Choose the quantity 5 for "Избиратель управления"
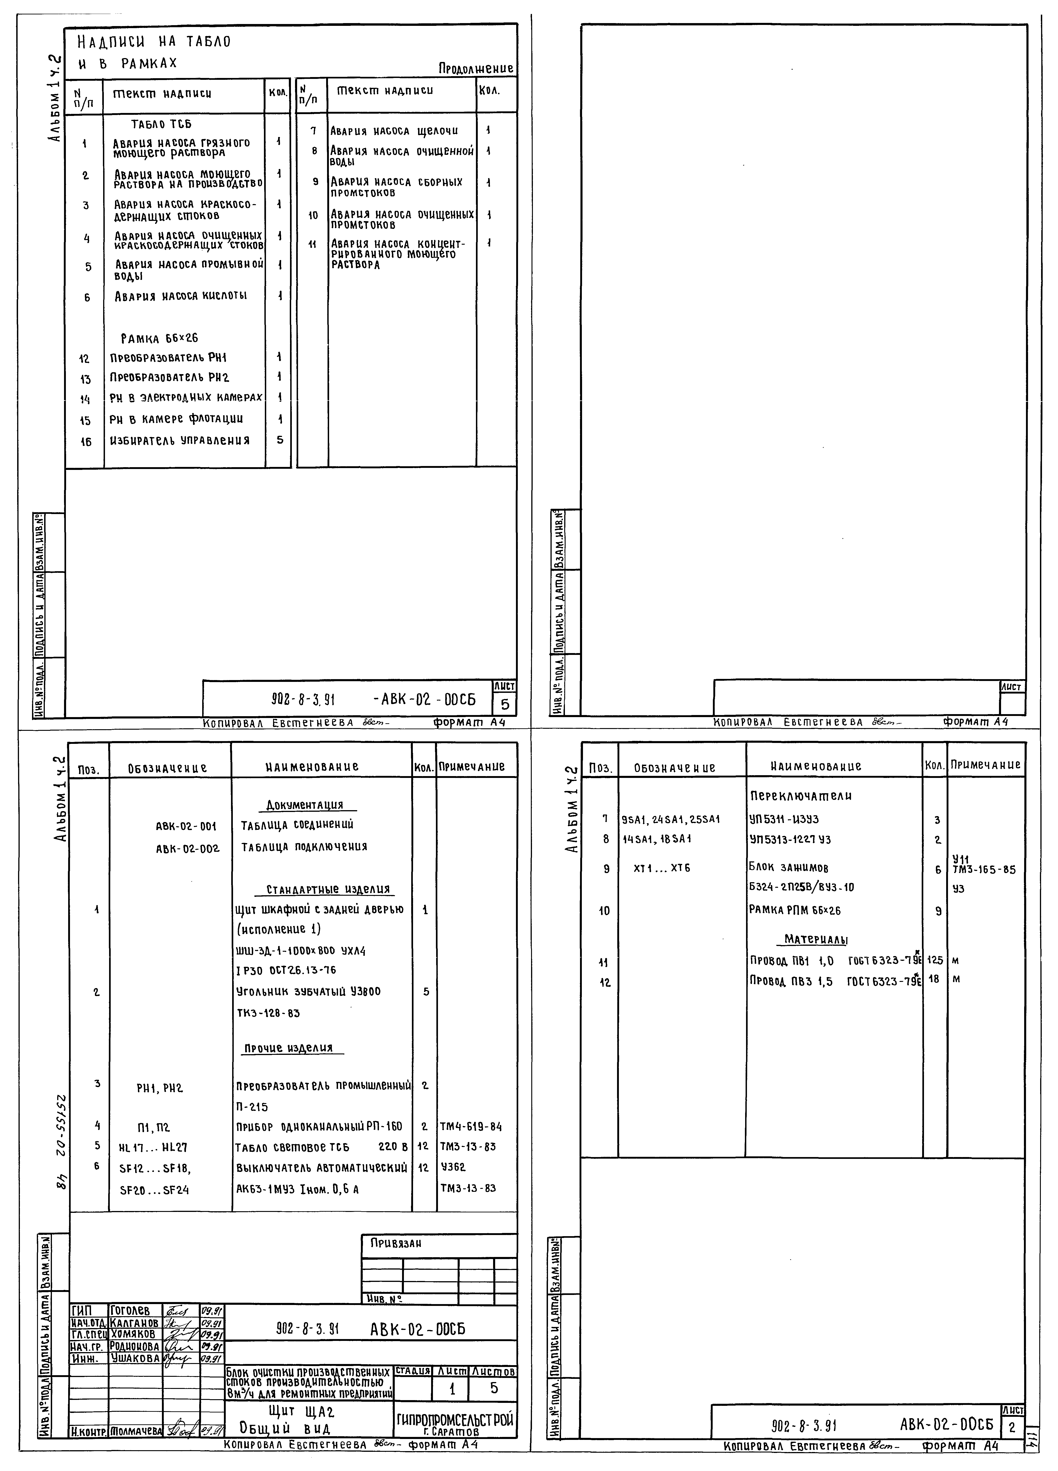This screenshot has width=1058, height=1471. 279,440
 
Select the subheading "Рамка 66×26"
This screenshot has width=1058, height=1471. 159,339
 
